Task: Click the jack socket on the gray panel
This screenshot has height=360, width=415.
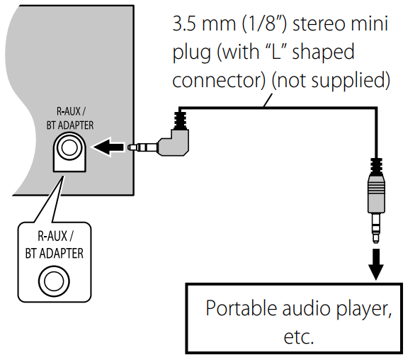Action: pos(69,149)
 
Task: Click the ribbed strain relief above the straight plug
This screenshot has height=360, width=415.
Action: pos(377,167)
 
